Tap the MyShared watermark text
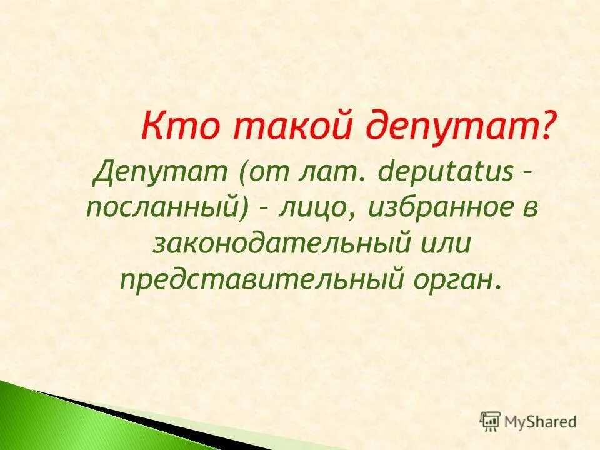(x=541, y=422)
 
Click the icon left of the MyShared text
(x=490, y=421)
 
